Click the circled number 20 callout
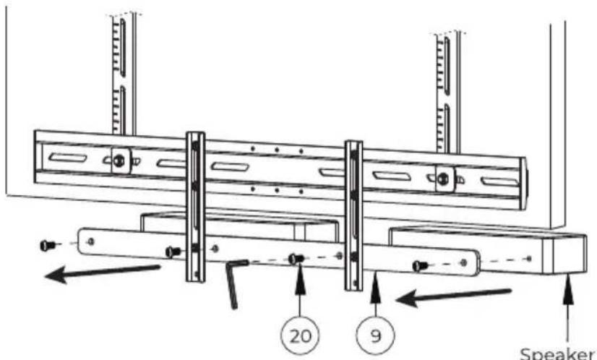tap(300, 335)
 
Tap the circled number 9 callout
tap(375, 335)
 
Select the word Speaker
tap(557, 353)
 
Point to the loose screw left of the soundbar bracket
tap(47, 246)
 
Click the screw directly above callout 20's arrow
tap(296, 259)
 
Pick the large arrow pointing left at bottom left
tap(102, 273)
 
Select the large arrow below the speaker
tap(453, 298)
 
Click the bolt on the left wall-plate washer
tap(119, 160)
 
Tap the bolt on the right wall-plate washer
tap(443, 179)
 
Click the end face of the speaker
tap(570, 254)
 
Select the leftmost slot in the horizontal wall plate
tap(68, 158)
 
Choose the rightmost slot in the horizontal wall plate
tap(500, 181)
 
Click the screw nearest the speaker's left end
tap(421, 265)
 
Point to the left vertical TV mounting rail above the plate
tap(124, 74)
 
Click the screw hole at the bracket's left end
tap(90, 241)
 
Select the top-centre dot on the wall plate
tap(277, 150)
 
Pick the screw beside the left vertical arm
tap(173, 252)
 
